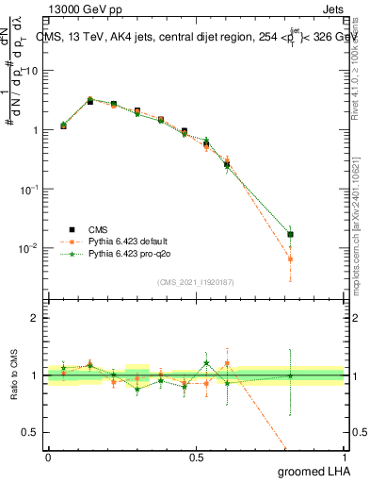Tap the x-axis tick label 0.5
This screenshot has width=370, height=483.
[196, 457]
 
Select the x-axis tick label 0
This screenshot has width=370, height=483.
[48, 457]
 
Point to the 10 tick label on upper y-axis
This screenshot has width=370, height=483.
[30, 71]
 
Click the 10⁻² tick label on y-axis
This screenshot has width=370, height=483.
[28, 248]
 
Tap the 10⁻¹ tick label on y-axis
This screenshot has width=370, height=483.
[28, 189]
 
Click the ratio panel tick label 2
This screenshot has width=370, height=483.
[36, 318]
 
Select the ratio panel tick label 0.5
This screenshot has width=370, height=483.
[32, 433]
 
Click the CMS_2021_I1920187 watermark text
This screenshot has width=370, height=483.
[196, 282]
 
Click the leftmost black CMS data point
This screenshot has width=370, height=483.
[63, 125]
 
